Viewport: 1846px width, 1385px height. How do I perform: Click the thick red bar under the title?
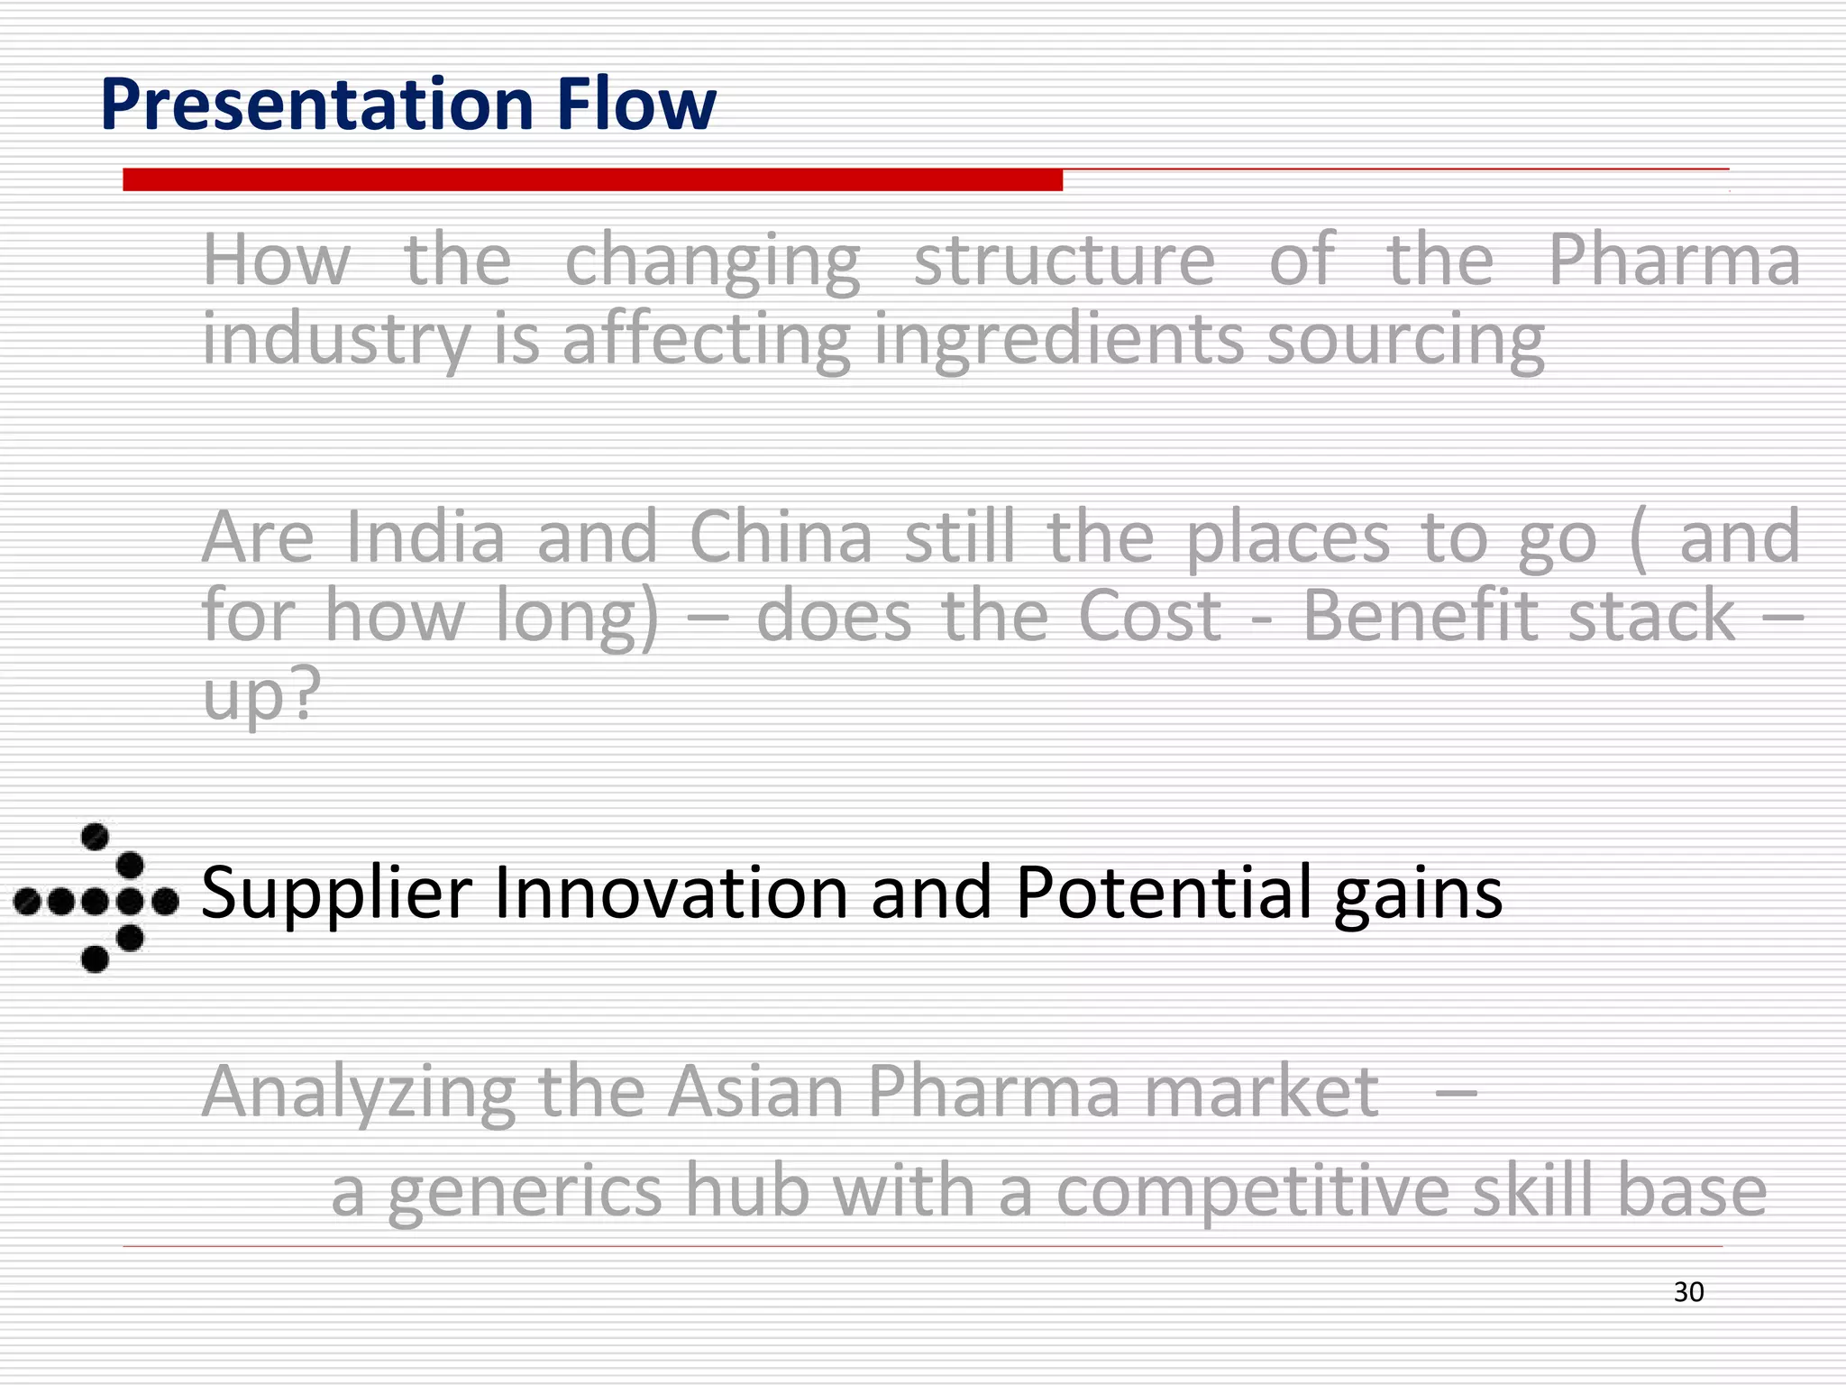coord(592,179)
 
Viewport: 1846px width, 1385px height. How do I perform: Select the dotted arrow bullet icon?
coord(96,898)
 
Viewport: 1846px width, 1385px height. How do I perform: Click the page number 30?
coord(1688,1292)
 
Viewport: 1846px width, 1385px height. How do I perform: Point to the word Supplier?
coord(336,894)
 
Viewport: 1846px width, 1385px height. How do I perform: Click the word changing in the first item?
coord(712,261)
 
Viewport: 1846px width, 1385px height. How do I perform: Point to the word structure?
coord(1065,261)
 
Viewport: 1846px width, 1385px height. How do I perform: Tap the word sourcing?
coord(1405,341)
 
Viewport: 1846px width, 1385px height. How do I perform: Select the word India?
coord(425,537)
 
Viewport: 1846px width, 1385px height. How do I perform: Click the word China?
coord(781,537)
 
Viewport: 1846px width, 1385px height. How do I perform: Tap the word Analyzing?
coord(358,1093)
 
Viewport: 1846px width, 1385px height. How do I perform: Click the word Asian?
coord(754,1091)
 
